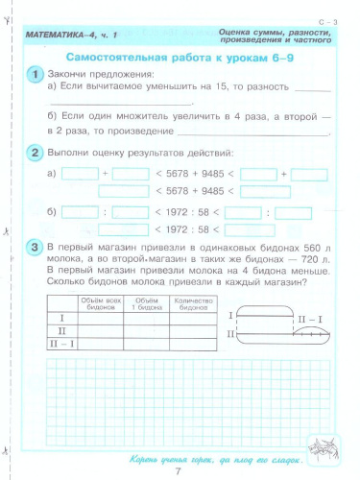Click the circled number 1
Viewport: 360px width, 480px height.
coord(35,75)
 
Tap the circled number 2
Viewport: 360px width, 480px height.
coord(35,154)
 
